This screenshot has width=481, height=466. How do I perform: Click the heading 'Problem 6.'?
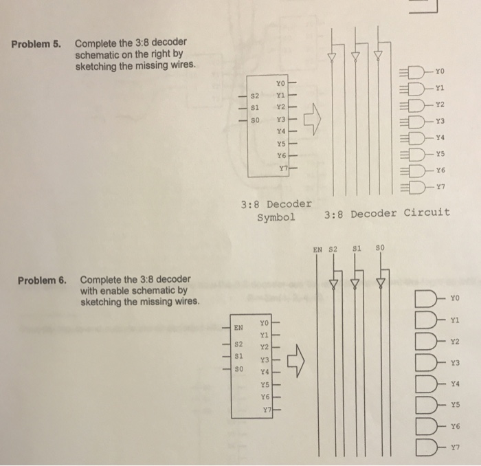tap(43, 280)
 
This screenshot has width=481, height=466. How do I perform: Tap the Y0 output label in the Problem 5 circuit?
tap(440, 69)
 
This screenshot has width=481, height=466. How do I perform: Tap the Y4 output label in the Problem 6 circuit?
tap(454, 384)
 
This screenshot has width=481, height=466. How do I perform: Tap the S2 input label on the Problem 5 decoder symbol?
tap(254, 96)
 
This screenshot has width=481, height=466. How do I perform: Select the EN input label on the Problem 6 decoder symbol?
tap(238, 328)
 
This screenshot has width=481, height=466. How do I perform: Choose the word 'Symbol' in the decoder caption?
tap(276, 217)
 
